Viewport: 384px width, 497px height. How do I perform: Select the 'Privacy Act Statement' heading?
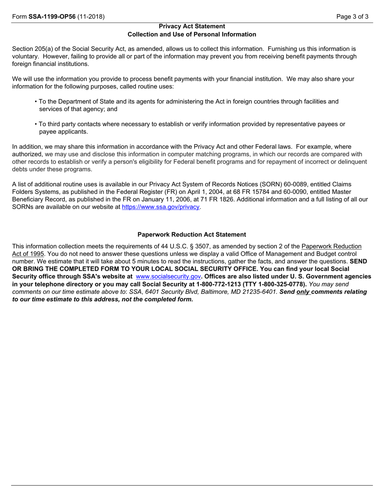pos(192,26)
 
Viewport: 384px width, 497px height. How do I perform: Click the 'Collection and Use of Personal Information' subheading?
pos(192,34)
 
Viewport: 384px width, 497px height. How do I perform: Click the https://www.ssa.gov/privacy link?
pos(161,207)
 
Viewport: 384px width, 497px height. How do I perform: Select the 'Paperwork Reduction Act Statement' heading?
pos(192,234)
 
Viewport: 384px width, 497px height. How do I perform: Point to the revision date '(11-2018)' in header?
pos(91,17)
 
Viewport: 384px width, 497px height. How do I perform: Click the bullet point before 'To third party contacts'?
pos(36,124)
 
